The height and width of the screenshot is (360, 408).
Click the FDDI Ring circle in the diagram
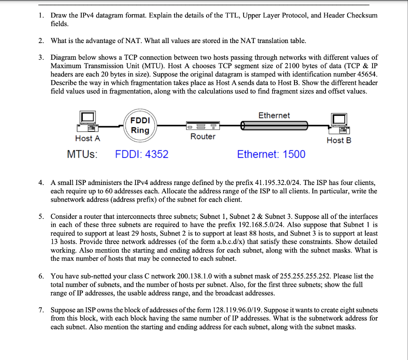[x=140, y=125]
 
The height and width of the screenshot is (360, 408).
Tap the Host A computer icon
[x=88, y=122]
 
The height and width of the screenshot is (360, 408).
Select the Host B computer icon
[x=339, y=123]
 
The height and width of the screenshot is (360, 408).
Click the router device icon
[x=202, y=126]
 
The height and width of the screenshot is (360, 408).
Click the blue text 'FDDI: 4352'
[x=142, y=154]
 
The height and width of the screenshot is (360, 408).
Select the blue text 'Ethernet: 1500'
[x=271, y=154]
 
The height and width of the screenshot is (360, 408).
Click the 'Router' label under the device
[x=202, y=137]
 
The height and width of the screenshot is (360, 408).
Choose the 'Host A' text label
[x=88, y=138]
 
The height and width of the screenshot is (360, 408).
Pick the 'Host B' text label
[x=339, y=140]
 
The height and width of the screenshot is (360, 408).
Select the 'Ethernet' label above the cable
[x=274, y=115]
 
